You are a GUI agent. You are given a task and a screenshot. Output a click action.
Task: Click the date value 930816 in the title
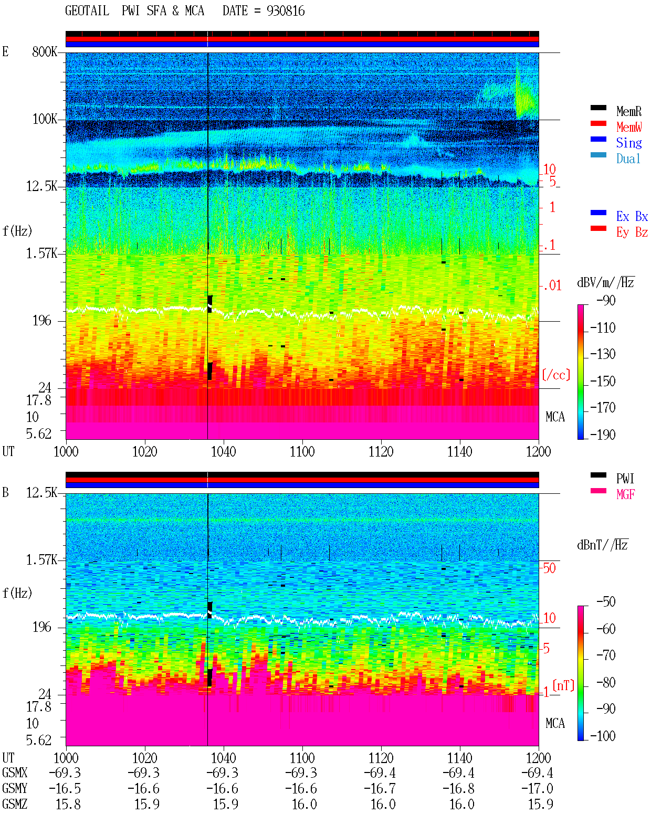pos(286,11)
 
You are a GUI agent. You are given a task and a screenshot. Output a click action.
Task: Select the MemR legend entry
pos(629,111)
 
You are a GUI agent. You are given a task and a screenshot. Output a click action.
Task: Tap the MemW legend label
pos(629,127)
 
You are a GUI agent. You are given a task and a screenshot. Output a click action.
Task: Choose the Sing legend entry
pos(629,143)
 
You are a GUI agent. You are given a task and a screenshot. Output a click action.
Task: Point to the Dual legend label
pos(628,158)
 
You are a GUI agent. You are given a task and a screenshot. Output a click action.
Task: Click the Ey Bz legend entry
pos(632,232)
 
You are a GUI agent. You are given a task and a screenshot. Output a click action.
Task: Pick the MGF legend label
pos(625,494)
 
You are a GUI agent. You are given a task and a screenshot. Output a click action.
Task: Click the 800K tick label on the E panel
pos(45,51)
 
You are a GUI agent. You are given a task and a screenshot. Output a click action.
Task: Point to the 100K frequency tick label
pos(45,119)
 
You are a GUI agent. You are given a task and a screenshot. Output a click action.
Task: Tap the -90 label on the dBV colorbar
pos(606,300)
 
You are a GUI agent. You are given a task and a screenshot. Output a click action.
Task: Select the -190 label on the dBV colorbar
pos(603,435)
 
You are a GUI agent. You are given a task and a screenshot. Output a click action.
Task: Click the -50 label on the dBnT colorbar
pos(606,602)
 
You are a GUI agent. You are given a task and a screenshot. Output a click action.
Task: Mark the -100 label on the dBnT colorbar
pos(603,736)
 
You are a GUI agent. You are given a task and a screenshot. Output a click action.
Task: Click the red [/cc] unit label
pos(556,375)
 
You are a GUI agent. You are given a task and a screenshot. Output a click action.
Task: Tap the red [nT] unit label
pos(563,685)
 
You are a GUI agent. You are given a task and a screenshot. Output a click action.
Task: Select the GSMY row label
pos(15,788)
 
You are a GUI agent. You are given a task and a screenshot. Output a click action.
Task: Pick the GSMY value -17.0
pos(537,789)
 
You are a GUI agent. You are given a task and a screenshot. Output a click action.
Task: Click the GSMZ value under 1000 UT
pos(68,804)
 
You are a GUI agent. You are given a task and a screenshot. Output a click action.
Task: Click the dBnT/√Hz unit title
pos(603,545)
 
